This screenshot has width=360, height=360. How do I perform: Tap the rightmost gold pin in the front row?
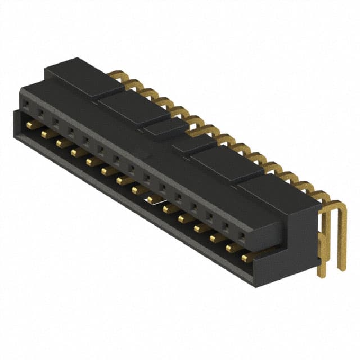[247, 257]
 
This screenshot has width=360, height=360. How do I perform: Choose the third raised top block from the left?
[165, 128]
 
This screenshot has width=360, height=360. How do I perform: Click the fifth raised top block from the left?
[228, 163]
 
